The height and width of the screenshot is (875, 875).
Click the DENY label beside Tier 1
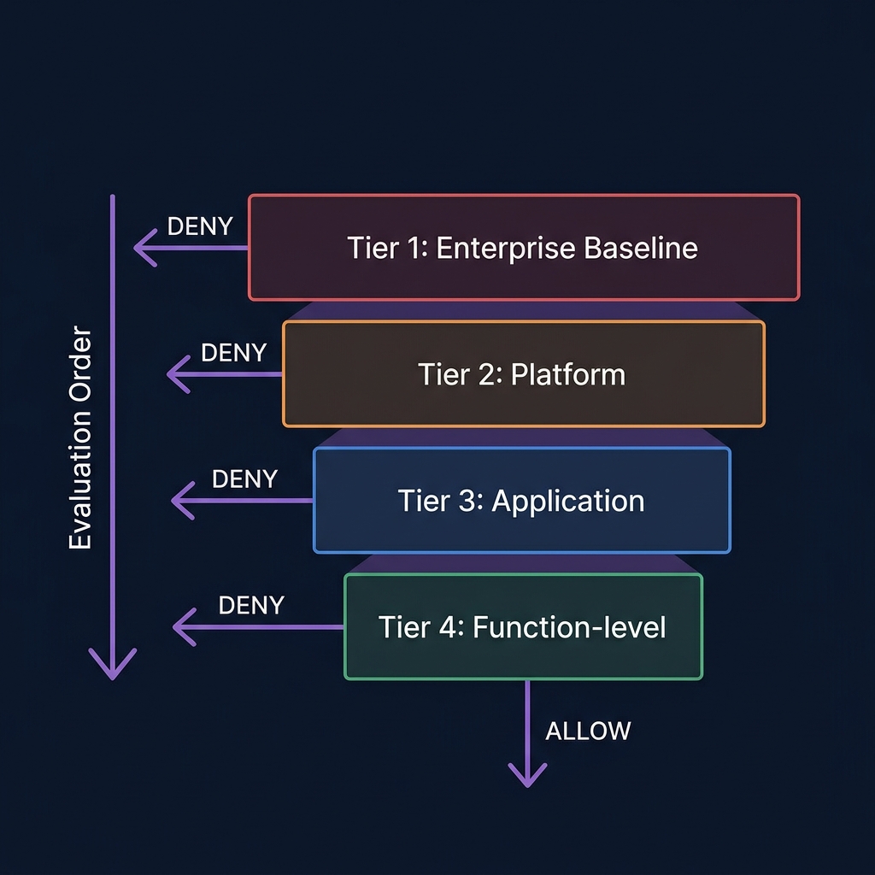tap(200, 226)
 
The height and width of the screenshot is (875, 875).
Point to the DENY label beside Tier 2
tap(233, 352)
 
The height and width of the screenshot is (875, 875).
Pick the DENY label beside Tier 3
tap(244, 479)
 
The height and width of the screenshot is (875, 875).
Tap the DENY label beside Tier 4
tap(251, 605)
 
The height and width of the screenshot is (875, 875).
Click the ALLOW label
tap(588, 731)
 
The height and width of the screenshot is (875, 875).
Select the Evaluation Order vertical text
tap(80, 437)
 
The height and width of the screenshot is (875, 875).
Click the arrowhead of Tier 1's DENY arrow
tap(140, 248)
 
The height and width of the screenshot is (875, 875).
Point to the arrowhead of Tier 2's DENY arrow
tap(173, 374)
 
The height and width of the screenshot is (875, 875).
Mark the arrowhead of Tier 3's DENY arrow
tap(177, 501)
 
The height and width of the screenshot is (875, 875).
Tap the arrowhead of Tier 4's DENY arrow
tap(179, 628)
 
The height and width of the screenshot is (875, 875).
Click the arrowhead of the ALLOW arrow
tap(527, 780)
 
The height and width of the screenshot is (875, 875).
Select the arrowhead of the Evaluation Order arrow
tap(112, 672)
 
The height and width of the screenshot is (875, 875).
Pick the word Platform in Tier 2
tap(568, 374)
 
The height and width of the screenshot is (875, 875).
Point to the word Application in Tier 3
tap(568, 501)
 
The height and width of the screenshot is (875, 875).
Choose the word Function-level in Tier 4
tap(569, 627)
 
